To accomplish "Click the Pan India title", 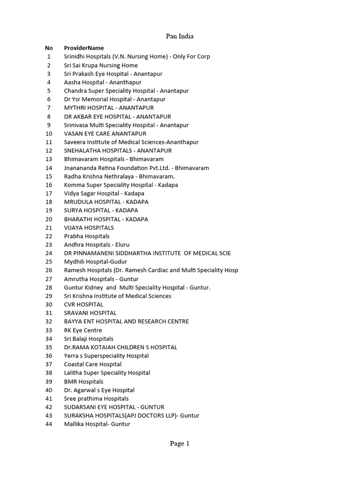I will [180, 36].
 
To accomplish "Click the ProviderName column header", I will [84, 48].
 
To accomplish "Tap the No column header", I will [49, 48].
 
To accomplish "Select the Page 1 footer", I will [180, 443].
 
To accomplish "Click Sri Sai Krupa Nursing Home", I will [101, 65].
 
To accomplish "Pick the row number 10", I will [49, 134].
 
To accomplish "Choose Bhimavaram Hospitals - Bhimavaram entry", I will [114, 159].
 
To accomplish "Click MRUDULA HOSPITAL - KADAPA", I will [106, 202].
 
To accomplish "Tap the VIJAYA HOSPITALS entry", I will [89, 228].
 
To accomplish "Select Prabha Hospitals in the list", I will [87, 236].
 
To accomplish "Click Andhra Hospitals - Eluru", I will [97, 245].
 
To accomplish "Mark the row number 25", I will [49, 262].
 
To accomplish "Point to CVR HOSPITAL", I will [84, 304].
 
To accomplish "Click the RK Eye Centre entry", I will [83, 330].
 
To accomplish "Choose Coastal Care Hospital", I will [93, 364].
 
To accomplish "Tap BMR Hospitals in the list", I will [84, 382].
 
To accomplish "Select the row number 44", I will [49, 424].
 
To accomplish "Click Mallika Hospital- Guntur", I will [97, 424].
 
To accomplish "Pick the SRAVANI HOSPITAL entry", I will [90, 313].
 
